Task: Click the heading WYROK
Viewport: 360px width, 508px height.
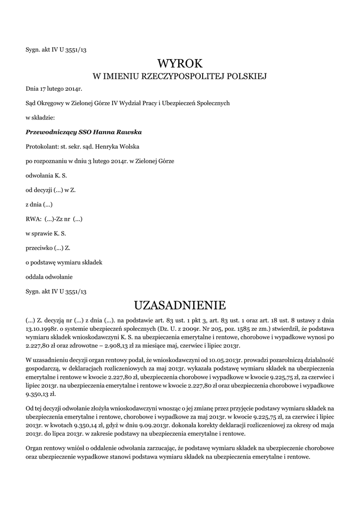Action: [x=180, y=63]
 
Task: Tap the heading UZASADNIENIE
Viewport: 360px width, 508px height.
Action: [x=180, y=304]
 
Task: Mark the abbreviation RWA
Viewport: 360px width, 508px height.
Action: [x=32, y=219]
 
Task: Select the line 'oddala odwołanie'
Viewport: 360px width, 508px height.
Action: [x=49, y=276]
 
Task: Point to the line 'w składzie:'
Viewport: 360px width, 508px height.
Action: [x=40, y=118]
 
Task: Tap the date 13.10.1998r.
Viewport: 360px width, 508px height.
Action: [x=43, y=328]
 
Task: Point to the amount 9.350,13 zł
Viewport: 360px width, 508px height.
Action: [x=42, y=394]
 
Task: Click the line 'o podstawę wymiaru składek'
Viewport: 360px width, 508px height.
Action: [x=64, y=262]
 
